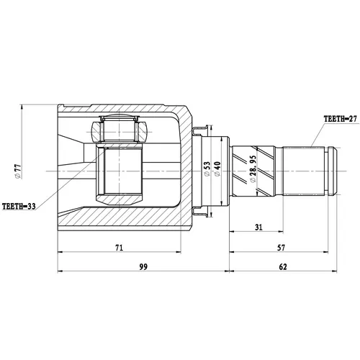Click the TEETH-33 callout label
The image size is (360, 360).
point(19,206)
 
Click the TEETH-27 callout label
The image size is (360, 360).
point(341,119)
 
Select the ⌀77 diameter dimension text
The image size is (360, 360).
point(18,171)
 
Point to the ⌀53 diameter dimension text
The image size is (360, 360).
point(207,169)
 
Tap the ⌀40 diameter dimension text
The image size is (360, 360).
point(217,169)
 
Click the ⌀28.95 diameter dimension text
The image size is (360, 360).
point(253,169)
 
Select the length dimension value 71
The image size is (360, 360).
point(120,248)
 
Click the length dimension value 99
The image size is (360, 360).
point(143,266)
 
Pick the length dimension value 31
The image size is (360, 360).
point(258,227)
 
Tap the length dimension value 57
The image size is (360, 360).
point(281,248)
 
